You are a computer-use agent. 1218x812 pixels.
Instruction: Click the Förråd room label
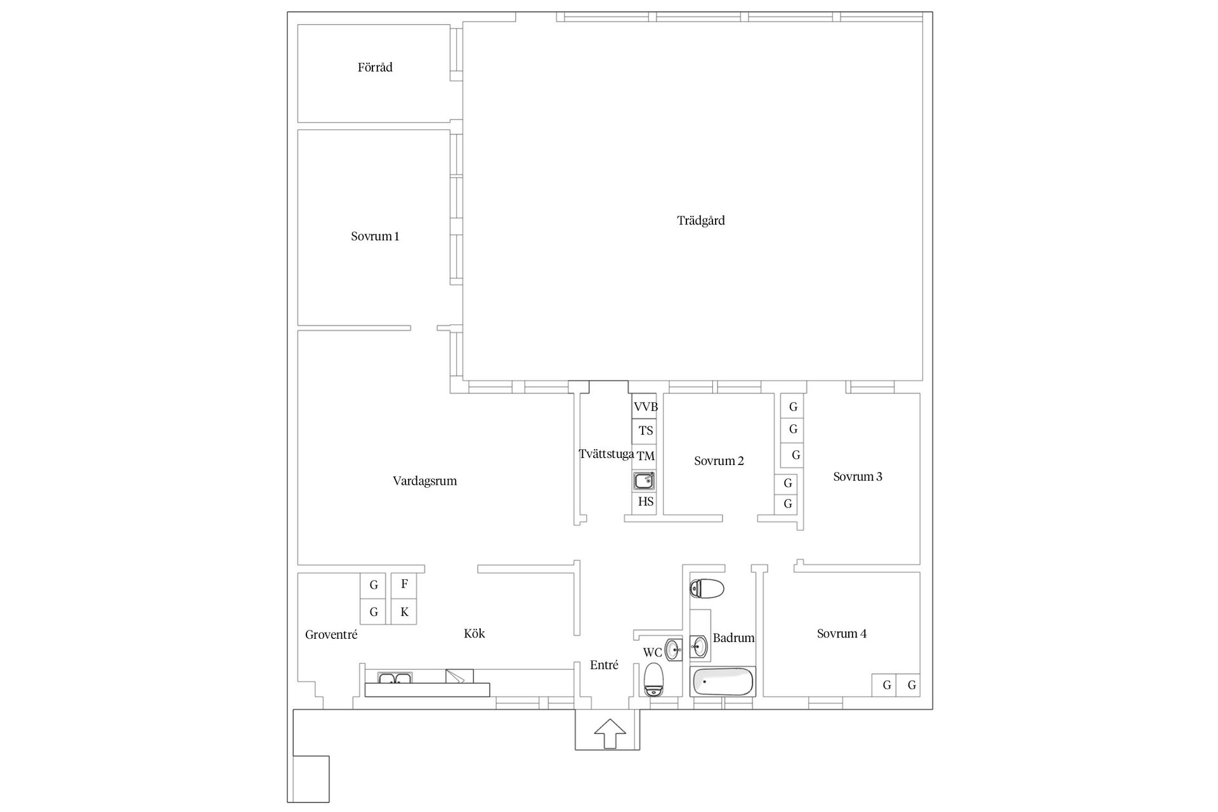coord(375,67)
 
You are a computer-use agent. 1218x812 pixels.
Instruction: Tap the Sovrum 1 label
coord(375,236)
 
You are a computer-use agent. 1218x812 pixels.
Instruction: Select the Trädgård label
coord(701,221)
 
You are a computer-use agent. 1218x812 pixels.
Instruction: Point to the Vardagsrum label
coord(424,481)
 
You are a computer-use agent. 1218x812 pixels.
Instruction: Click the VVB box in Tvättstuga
coord(645,407)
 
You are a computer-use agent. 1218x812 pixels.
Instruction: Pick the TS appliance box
coord(645,431)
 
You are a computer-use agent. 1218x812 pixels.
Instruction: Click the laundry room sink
coord(644,481)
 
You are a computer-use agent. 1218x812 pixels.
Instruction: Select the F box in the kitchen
coord(404,585)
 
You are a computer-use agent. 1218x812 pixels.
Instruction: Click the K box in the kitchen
coord(404,612)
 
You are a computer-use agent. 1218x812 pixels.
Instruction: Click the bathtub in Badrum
coord(723,683)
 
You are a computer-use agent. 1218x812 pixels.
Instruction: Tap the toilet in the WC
coord(653,680)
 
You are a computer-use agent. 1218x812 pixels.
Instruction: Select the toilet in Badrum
coord(707,589)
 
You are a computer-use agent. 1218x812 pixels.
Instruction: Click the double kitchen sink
coord(395,678)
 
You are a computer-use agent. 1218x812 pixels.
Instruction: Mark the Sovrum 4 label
coord(842,634)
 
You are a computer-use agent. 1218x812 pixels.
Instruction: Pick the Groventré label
coord(331,635)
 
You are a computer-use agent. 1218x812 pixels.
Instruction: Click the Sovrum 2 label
coord(719,461)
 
